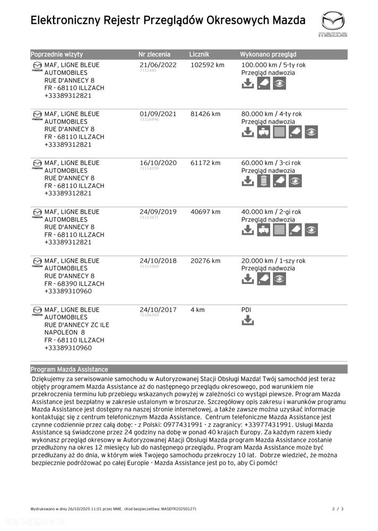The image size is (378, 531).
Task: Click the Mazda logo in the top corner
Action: pos(333,24)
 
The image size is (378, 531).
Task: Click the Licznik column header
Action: pos(199,54)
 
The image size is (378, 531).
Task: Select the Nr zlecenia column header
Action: pos(154,54)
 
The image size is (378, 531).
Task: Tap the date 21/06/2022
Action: pos(158,65)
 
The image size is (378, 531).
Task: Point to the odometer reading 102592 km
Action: pos(207,65)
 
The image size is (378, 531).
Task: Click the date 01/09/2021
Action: pos(158,114)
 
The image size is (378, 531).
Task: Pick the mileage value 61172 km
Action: pos(205,162)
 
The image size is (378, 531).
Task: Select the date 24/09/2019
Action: pos(158,212)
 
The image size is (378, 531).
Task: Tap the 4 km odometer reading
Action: pos(197,310)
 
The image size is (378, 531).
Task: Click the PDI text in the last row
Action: pos(247,310)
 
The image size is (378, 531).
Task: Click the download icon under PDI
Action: pos(247,320)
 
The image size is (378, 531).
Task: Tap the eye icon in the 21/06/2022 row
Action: pos(280,83)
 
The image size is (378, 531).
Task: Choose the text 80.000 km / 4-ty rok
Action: pos(271,114)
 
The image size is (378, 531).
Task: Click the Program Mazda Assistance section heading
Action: pos(69,369)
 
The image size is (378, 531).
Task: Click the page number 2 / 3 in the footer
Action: pos(338,509)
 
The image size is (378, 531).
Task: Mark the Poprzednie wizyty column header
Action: pos(57,54)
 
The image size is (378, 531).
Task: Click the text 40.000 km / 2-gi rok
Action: pos(271,212)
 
